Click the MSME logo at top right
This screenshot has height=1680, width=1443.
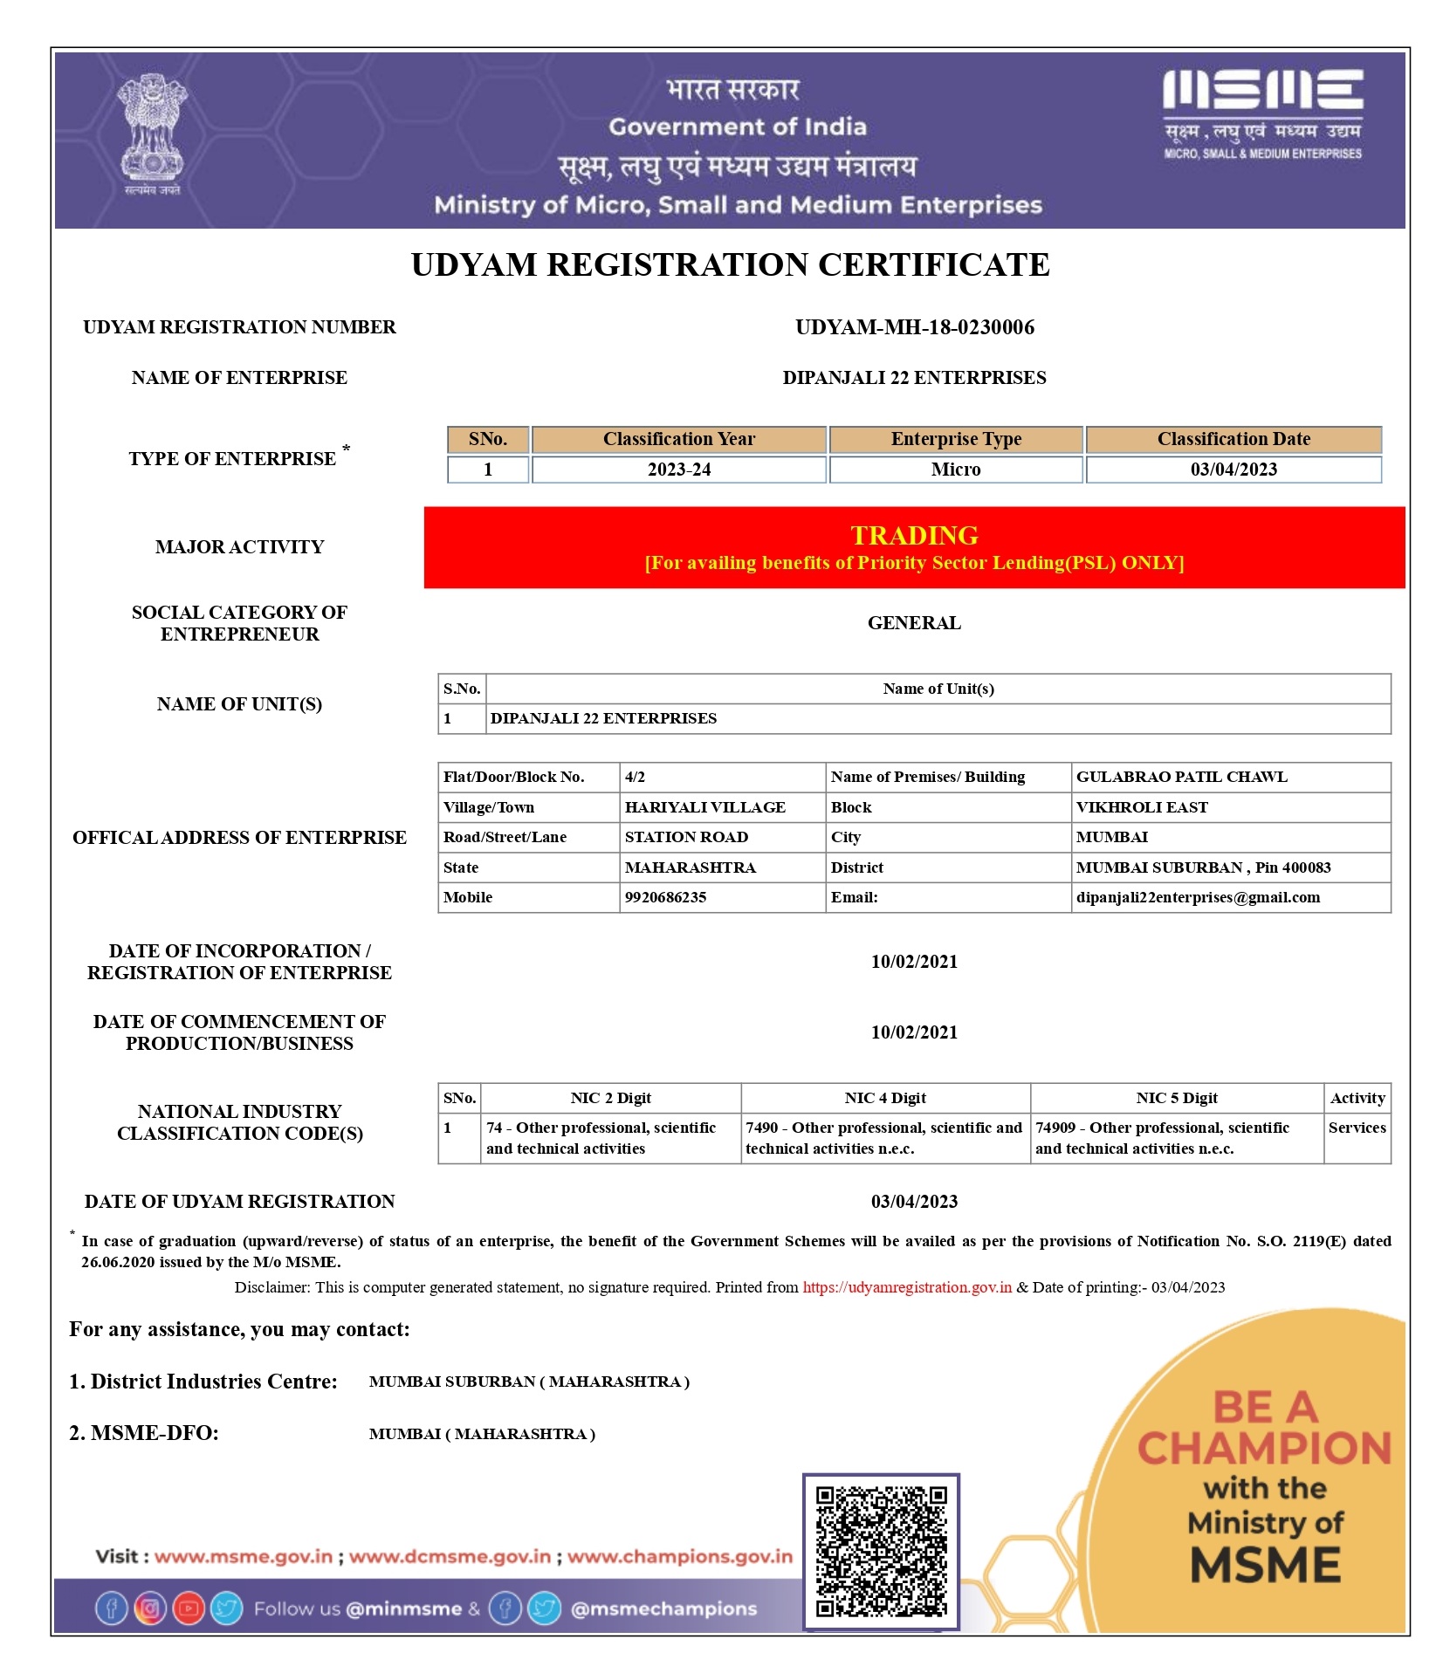point(1261,113)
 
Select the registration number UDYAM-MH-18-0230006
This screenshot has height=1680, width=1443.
point(914,327)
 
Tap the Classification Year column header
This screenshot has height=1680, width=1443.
point(678,439)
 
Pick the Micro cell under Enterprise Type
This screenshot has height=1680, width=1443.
point(955,470)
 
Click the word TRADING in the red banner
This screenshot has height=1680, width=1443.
point(914,535)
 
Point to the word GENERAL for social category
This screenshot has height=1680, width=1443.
point(913,623)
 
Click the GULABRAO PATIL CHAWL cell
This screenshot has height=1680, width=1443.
point(1181,777)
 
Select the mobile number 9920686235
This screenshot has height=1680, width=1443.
point(665,897)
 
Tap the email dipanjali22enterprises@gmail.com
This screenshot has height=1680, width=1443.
point(1197,897)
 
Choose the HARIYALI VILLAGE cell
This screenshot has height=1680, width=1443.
point(704,807)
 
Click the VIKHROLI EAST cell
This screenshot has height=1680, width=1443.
point(1141,807)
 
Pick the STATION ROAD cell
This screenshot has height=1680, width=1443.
point(686,837)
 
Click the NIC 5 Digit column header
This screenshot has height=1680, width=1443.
point(1176,1098)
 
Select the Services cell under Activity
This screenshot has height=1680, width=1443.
point(1357,1128)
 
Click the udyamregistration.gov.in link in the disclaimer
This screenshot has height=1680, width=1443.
point(906,1287)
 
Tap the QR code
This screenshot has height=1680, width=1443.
point(880,1551)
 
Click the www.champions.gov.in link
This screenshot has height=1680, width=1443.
point(679,1556)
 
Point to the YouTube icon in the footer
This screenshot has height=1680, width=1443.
point(188,1608)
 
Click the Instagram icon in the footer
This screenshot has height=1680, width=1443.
point(149,1608)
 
